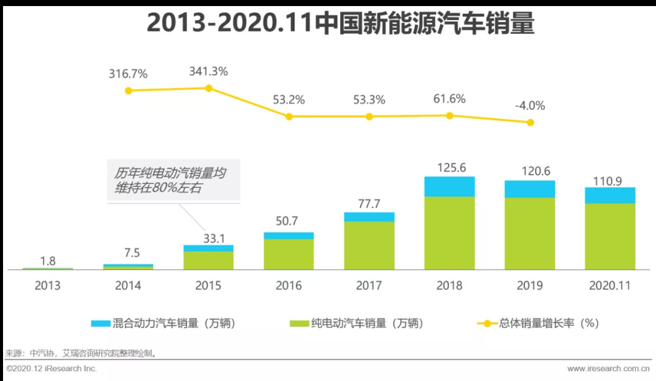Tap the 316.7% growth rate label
[128, 74]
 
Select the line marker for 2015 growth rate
[208, 88]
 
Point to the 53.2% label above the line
[289, 99]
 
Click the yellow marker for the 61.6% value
[449, 115]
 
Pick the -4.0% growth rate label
[530, 106]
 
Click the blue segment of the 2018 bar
[449, 186]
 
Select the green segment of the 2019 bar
[530, 234]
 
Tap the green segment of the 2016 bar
[289, 254]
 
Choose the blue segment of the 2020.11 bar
[610, 195]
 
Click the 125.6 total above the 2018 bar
[449, 167]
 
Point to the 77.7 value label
[369, 202]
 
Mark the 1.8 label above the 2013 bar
[48, 261]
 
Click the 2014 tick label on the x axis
[128, 285]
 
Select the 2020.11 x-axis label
[610, 285]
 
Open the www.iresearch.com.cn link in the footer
[608, 368]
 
